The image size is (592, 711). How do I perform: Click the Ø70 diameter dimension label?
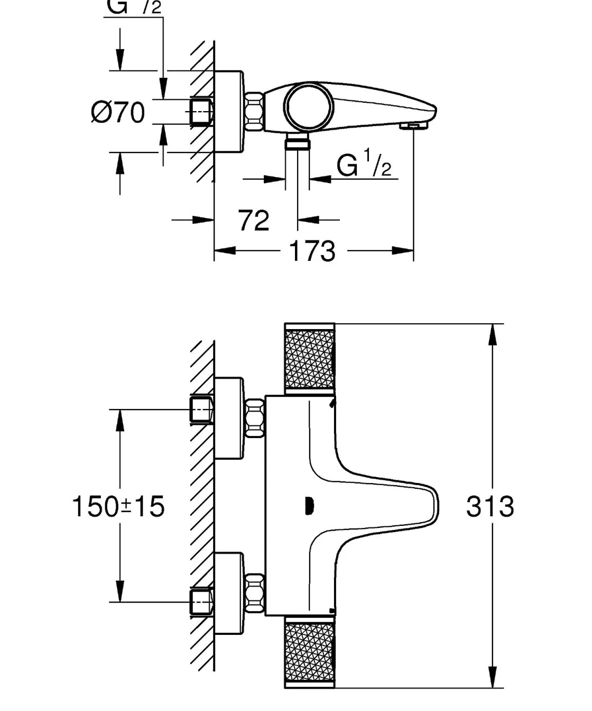pyautogui.click(x=118, y=112)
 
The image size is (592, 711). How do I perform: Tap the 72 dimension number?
pyautogui.click(x=254, y=220)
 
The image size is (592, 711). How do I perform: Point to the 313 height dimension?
pyautogui.click(x=490, y=506)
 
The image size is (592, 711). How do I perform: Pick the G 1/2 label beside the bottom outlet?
pyautogui.click(x=364, y=166)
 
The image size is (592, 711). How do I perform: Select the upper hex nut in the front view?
pyautogui.click(x=255, y=418)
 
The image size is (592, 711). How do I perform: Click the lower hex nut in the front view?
pyautogui.click(x=255, y=592)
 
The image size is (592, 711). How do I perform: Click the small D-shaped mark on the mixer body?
pyautogui.click(x=309, y=507)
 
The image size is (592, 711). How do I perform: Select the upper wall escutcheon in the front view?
pyautogui.click(x=229, y=418)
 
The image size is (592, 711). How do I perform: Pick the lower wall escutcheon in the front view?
pyautogui.click(x=229, y=592)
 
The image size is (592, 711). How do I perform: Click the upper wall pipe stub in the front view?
pyautogui.click(x=201, y=409)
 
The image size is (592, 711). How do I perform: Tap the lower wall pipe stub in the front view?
pyautogui.click(x=201, y=602)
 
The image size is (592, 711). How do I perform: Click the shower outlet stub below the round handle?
pyautogui.click(x=298, y=143)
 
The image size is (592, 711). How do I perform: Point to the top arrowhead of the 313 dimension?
pyautogui.click(x=492, y=333)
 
